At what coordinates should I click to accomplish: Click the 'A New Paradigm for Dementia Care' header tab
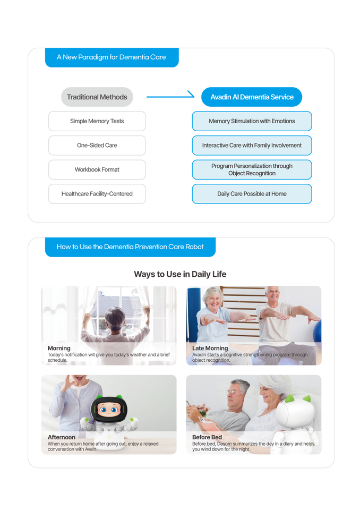click(112, 57)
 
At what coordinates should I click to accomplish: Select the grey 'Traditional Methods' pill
click(97, 97)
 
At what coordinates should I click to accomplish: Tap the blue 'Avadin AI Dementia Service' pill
click(252, 97)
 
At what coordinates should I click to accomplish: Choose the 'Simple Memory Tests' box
click(97, 121)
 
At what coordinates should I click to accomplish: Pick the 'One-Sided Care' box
click(97, 146)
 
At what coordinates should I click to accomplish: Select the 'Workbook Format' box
click(97, 170)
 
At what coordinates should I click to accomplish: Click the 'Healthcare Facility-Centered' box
click(97, 194)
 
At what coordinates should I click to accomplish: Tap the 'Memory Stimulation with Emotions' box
click(252, 121)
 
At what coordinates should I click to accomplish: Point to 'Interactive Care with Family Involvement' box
click(252, 146)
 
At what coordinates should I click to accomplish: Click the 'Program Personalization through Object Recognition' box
click(252, 170)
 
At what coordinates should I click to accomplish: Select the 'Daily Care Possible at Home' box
click(252, 194)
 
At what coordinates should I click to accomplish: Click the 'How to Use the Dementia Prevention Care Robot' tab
click(130, 247)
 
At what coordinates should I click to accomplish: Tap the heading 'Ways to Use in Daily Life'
click(180, 274)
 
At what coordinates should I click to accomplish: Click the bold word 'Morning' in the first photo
click(59, 348)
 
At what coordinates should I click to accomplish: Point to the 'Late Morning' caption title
click(210, 348)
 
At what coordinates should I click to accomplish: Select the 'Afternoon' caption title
click(62, 437)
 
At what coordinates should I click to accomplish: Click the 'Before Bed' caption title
click(207, 437)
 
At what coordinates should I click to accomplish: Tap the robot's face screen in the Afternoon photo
click(108, 410)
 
